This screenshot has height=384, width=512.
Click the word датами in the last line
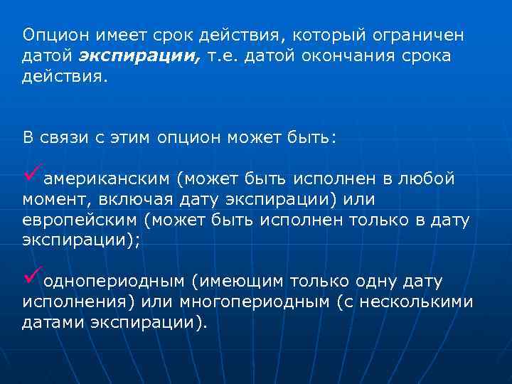[53, 323]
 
